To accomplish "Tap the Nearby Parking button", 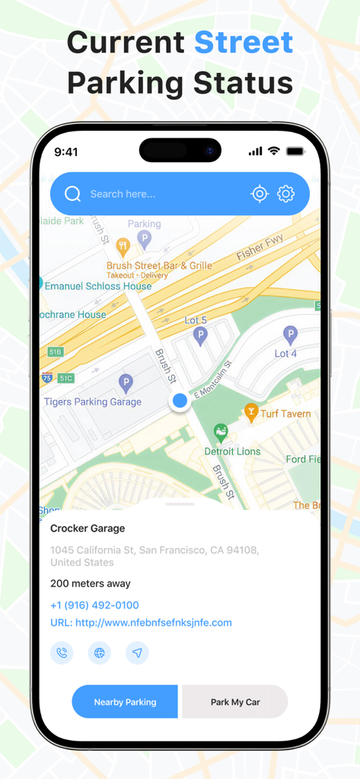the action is tap(125, 701).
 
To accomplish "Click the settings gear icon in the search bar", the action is tap(285, 194).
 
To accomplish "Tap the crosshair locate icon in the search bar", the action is tap(260, 194).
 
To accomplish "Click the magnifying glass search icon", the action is tap(73, 194).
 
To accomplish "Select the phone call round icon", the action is tap(62, 653).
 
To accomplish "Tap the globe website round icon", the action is tap(99, 653).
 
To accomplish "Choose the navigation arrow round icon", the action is tap(137, 653).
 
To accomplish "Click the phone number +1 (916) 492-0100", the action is tap(94, 606).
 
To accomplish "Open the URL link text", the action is tap(141, 622).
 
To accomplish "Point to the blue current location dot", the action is tap(180, 400).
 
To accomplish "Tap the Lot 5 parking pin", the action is tap(200, 335).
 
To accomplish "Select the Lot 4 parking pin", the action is tap(290, 333).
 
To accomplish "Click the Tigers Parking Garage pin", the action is tap(126, 383).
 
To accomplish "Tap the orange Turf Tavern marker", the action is tap(251, 412).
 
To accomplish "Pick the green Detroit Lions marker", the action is tap(221, 433).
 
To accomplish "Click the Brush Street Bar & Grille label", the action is tap(159, 265).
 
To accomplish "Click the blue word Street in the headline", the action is tap(244, 43).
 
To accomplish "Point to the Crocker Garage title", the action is tap(88, 528).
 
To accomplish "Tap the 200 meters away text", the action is tap(91, 583).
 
